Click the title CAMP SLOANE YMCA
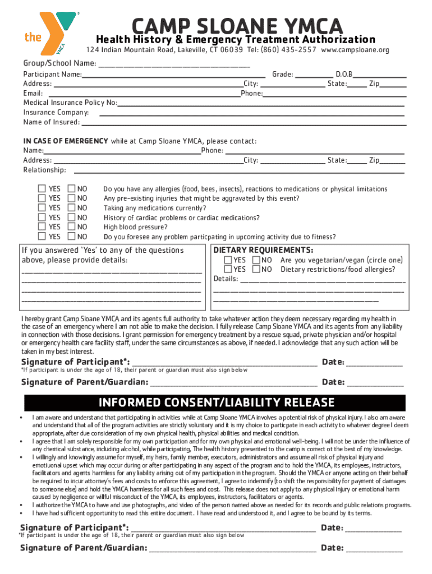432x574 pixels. coord(236,25)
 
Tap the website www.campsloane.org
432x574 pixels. coord(355,50)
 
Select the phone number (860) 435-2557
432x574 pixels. coord(287,50)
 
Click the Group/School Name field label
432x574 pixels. coord(59,63)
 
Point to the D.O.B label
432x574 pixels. coord(343,74)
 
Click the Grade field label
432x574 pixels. coord(282,74)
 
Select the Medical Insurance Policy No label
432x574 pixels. coord(70,103)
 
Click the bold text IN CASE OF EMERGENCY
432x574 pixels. coord(66,141)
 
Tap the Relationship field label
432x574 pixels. coord(44,170)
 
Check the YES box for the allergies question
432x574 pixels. coord(42,189)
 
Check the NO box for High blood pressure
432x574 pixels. coord(71,227)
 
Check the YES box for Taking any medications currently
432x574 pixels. coord(42,208)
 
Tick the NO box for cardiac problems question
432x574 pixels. coord(71,217)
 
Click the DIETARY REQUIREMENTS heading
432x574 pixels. coord(263,250)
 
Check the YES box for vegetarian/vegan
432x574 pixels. coord(227,260)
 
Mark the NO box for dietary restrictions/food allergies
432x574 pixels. coord(256,270)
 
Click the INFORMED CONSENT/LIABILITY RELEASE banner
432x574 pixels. coord(217,402)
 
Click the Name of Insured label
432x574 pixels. coord(51,122)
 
